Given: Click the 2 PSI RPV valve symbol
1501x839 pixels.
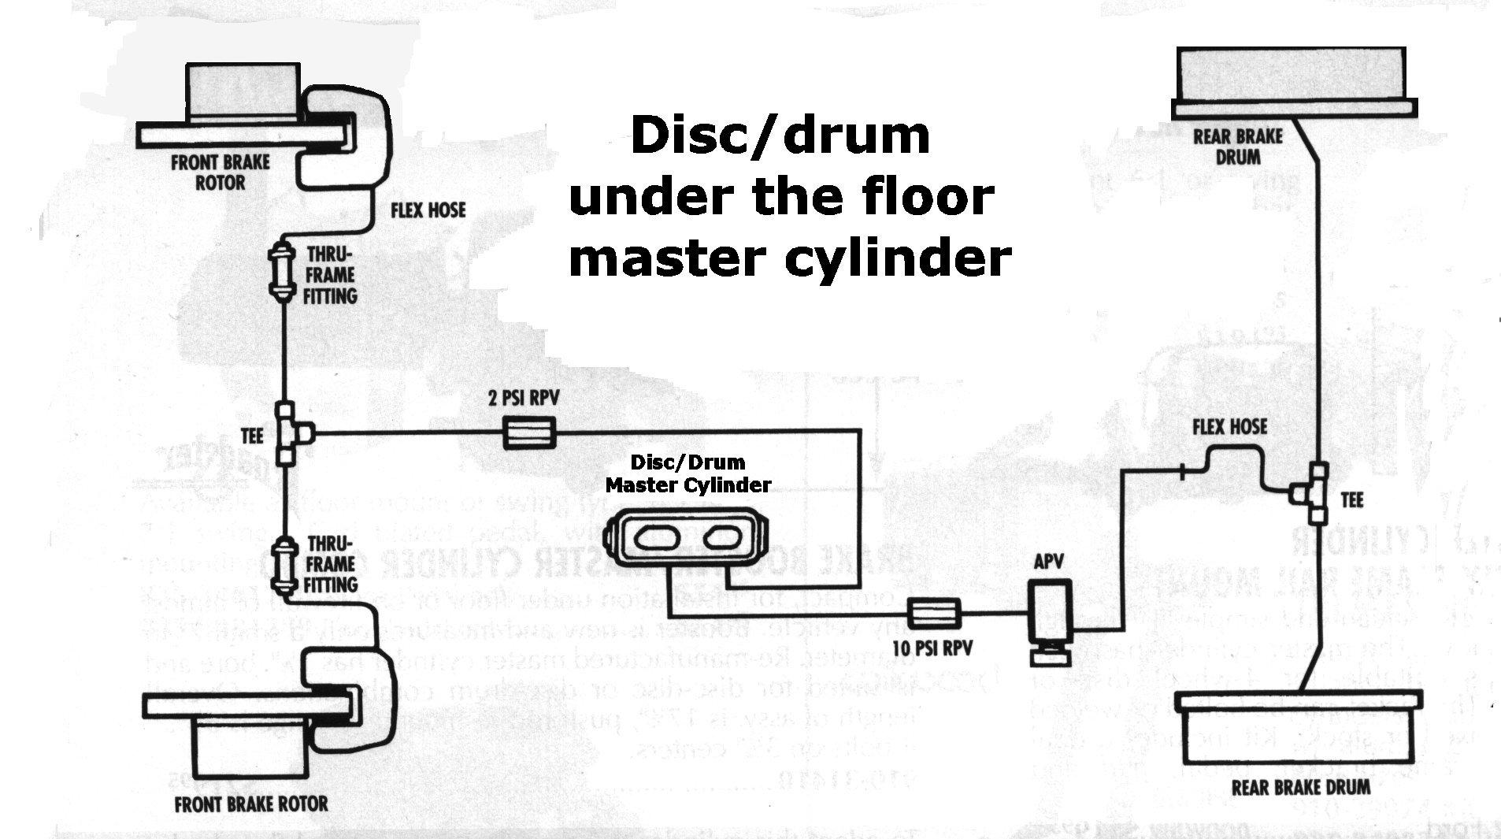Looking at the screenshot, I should pos(529,432).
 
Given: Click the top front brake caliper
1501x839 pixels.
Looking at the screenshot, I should pos(347,138).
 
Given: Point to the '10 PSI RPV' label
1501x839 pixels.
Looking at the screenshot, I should pos(933,649).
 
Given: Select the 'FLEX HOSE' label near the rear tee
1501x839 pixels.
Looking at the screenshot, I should pos(1229,428).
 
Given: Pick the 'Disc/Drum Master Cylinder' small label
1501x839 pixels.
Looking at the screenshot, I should pos(687,473).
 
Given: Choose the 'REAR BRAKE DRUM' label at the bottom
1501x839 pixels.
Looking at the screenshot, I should pos(1300,786).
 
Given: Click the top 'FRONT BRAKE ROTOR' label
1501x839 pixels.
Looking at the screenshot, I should pos(220,172).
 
